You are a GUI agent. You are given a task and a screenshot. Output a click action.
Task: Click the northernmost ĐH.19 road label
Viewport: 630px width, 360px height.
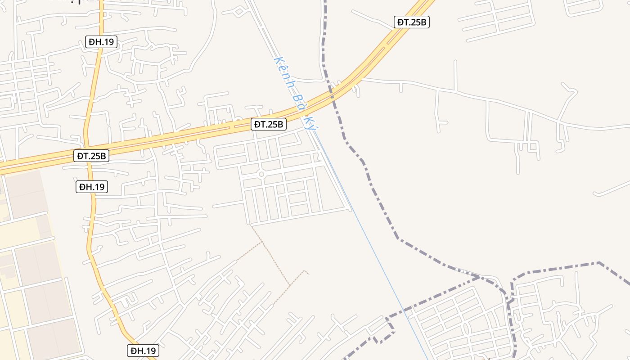pyautogui.click(x=101, y=42)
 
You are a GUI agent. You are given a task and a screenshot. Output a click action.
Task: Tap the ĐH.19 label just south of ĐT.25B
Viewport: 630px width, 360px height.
pyautogui.click(x=92, y=186)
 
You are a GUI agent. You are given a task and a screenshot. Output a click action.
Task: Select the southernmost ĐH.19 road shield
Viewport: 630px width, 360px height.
pyautogui.click(x=143, y=351)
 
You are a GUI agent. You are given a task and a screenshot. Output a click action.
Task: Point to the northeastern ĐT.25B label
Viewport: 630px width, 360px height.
pyautogui.click(x=412, y=22)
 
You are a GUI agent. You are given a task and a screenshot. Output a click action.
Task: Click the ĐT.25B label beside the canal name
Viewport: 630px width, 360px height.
pyautogui.click(x=269, y=124)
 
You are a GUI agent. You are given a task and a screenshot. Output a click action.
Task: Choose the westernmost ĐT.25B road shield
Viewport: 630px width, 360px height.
pyautogui.click(x=91, y=156)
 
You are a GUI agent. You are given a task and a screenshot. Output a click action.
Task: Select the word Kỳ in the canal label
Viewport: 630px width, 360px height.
pyautogui.click(x=309, y=122)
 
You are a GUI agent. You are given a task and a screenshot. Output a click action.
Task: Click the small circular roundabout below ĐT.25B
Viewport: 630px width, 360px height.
pyautogui.click(x=261, y=174)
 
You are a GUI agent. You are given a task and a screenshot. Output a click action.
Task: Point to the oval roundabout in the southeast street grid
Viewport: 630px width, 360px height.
pyautogui.click(x=466, y=329)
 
